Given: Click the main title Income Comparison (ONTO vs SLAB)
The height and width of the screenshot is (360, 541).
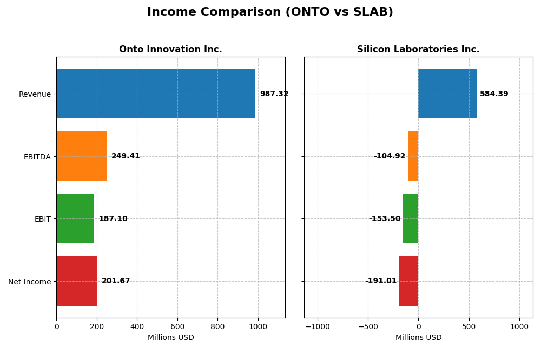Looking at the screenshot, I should coord(270,12).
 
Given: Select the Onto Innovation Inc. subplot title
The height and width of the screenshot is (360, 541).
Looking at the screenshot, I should coord(170,49).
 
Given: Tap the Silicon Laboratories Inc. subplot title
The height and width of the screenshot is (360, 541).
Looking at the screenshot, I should coord(418,49).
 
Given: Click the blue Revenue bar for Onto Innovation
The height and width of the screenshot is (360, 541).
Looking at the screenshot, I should coord(156,94).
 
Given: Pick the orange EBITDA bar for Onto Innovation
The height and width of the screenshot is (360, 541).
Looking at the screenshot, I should coord(81,156).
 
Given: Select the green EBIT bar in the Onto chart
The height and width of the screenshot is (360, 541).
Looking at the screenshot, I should coord(75,218).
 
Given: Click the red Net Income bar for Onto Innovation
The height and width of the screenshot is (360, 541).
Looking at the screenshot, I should coord(77,281).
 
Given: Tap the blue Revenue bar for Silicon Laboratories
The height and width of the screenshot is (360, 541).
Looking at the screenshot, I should coord(447,94).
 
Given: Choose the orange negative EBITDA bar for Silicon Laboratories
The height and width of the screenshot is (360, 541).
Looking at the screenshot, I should coord(413,156).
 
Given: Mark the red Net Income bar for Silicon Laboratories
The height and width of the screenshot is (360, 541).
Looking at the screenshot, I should coord(408,281).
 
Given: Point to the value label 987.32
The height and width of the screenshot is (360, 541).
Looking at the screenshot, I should coord(274,94).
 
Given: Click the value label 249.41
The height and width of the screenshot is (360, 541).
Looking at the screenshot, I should coord(126,156).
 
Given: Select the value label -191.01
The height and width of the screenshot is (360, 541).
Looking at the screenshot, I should coord(381,281).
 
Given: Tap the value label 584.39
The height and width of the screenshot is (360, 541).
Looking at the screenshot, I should coord(494,94).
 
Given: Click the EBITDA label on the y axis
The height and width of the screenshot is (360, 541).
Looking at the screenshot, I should coord(37,157).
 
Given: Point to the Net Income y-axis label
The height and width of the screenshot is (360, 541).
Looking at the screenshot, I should coord(29,282).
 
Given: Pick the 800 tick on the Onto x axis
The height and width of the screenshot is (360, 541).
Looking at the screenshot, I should coord(217,326).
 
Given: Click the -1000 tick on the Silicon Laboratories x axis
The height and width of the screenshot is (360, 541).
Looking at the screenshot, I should coord(318,326).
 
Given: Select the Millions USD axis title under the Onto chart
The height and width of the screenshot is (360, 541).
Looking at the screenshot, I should coord(170,337).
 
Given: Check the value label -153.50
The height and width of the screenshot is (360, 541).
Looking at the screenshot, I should coord(385,219).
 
